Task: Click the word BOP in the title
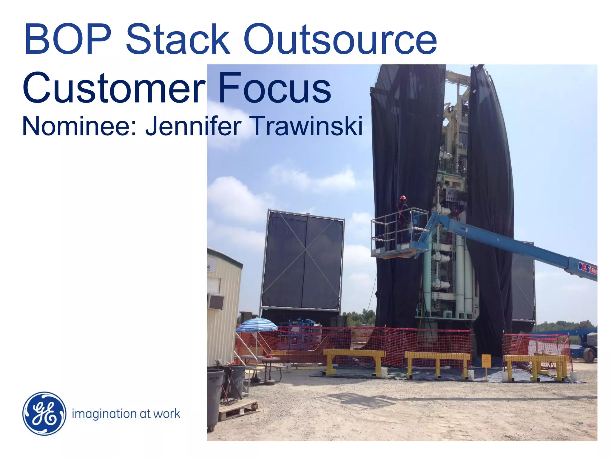pyautogui.click(x=68, y=40)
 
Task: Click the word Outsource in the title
pyautogui.click(x=340, y=40)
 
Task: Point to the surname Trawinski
pyautogui.click(x=307, y=126)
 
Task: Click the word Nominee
pyautogui.click(x=79, y=126)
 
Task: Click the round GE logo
pyautogui.click(x=44, y=413)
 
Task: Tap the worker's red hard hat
pyautogui.click(x=403, y=198)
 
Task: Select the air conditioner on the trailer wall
pyautogui.click(x=216, y=301)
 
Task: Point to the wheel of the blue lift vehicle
pyautogui.click(x=589, y=355)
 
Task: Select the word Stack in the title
pyautogui.click(x=178, y=40)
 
